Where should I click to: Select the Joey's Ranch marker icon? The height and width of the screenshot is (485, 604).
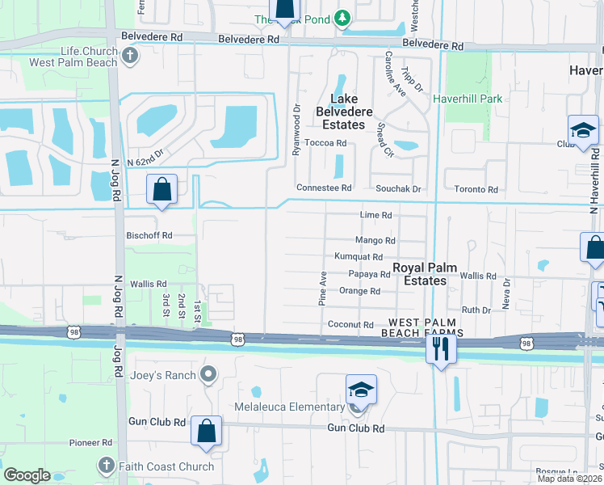pyautogui.click(x=208, y=373)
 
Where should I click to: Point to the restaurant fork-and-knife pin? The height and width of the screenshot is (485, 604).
pyautogui.click(x=440, y=349)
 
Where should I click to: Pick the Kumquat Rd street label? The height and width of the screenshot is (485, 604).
pyautogui.click(x=358, y=256)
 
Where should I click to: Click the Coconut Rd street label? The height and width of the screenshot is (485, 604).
pyautogui.click(x=351, y=325)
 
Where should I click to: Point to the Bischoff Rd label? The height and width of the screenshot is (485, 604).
pyautogui.click(x=149, y=235)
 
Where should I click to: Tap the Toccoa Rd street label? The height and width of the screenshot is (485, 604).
pyautogui.click(x=330, y=143)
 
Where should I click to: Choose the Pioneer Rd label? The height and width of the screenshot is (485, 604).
pyautogui.click(x=90, y=443)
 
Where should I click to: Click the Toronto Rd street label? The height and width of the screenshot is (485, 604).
pyautogui.click(x=476, y=189)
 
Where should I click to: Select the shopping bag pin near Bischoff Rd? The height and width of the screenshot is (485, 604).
pyautogui.click(x=162, y=191)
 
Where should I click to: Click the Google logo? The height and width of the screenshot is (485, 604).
pyautogui.click(x=27, y=475)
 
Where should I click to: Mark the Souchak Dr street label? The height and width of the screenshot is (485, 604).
pyautogui.click(x=399, y=189)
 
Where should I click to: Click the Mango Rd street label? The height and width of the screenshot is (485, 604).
pyautogui.click(x=375, y=240)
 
